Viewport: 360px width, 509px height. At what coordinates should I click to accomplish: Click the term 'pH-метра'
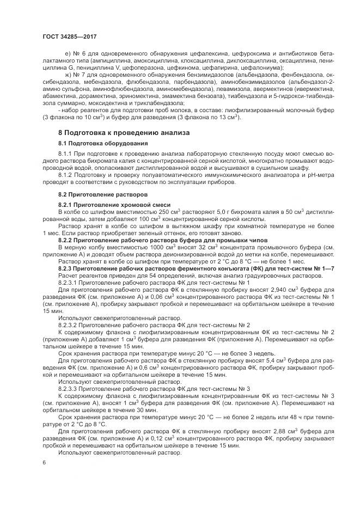(x=314, y=175)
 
